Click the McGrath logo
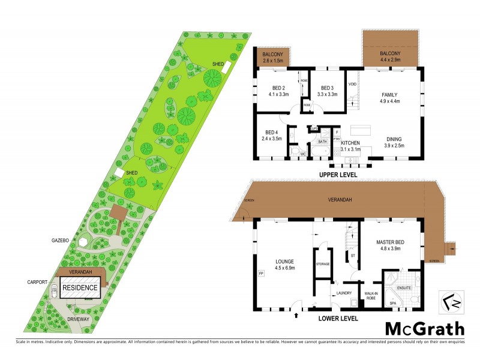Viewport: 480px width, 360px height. pyautogui.click(x=424, y=329)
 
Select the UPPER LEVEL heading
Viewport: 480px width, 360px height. pyautogui.click(x=338, y=175)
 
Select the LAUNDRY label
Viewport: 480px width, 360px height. pyautogui.click(x=344, y=293)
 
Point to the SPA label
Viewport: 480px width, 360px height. pyautogui.click(x=394, y=303)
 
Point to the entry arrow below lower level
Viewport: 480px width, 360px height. pyautogui.click(x=296, y=314)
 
